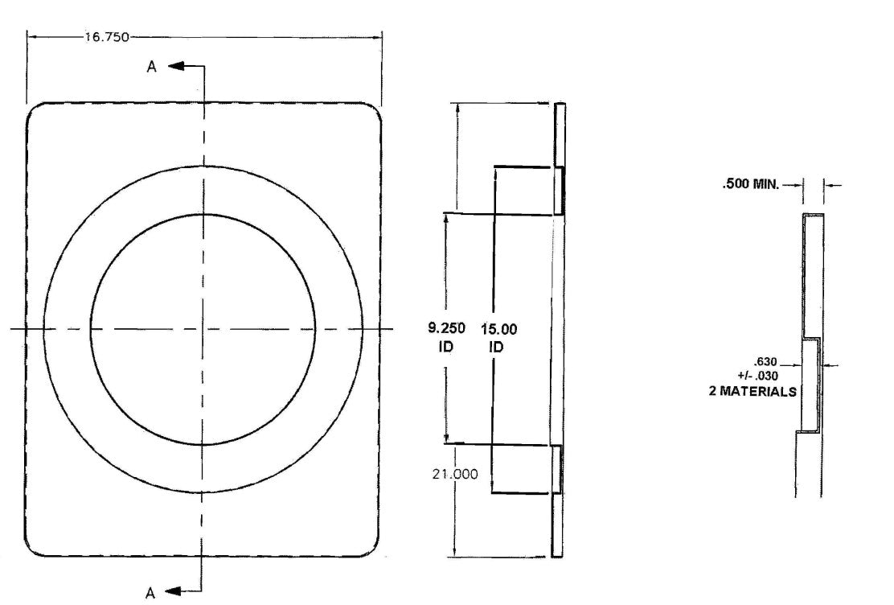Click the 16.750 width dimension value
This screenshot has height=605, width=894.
(x=107, y=38)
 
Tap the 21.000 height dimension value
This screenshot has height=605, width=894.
(x=455, y=475)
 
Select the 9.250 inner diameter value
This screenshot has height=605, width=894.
(x=446, y=328)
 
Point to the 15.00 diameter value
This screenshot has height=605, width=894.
(x=499, y=329)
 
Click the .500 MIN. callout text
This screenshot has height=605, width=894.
(x=750, y=184)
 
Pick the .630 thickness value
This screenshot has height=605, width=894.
(x=765, y=362)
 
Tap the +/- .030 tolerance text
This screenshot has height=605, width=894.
(x=758, y=376)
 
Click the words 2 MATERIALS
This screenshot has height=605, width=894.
(x=753, y=392)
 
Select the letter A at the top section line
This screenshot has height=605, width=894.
(x=152, y=68)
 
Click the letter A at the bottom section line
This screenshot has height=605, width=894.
(x=150, y=594)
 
